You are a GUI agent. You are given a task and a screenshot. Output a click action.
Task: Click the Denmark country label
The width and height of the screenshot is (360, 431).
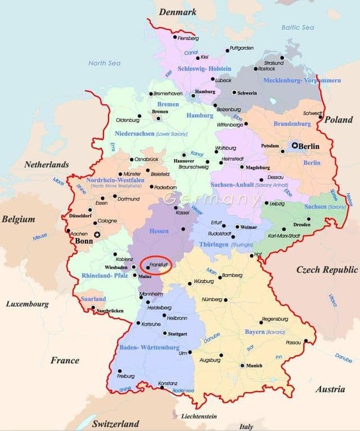[x=178, y=12]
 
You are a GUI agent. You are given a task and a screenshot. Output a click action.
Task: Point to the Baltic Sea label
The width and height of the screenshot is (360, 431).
[x=298, y=27]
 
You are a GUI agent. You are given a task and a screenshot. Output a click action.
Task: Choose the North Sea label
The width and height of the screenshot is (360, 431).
[x=105, y=63]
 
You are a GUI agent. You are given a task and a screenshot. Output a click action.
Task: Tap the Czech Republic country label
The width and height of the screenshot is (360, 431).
[x=327, y=270]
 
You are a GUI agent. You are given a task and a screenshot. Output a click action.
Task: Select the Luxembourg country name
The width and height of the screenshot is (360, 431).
[x=28, y=304]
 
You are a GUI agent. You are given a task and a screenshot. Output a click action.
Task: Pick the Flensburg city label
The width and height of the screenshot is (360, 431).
[x=188, y=38]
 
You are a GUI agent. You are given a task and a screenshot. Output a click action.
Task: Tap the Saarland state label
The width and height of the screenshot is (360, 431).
[x=93, y=299]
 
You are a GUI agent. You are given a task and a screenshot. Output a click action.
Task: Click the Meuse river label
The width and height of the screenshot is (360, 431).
[x=40, y=237]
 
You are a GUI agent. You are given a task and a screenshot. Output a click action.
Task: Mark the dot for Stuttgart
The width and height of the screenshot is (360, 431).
[x=164, y=333]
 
